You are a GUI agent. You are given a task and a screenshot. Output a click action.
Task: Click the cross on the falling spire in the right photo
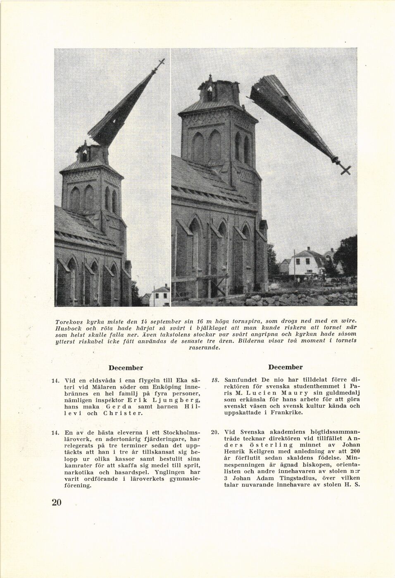[345, 169]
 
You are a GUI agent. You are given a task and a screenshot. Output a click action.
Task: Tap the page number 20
[57, 502]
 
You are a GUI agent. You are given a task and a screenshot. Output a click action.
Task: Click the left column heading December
[126, 368]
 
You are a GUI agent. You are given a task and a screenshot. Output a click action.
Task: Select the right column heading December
[285, 367]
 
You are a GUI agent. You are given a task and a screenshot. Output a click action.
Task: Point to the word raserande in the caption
[204, 348]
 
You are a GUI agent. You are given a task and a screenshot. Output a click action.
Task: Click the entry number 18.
[215, 380]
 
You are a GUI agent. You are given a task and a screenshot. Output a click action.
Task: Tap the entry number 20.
[215, 432]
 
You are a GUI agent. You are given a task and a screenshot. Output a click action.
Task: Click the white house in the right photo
[306, 263]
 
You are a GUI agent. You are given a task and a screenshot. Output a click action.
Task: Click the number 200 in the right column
[355, 451]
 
